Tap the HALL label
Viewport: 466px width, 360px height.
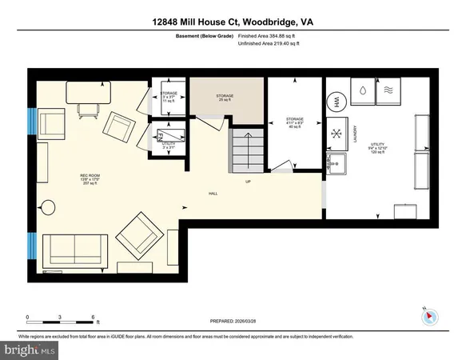coord(213,192)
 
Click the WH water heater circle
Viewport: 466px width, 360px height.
coord(337,100)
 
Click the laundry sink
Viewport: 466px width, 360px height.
coord(337,166)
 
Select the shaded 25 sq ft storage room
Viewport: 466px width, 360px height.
coord(225,98)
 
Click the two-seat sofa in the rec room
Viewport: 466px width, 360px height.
coord(75,251)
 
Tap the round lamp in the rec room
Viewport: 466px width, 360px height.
coord(49,207)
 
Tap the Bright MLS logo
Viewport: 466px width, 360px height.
coord(30,350)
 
